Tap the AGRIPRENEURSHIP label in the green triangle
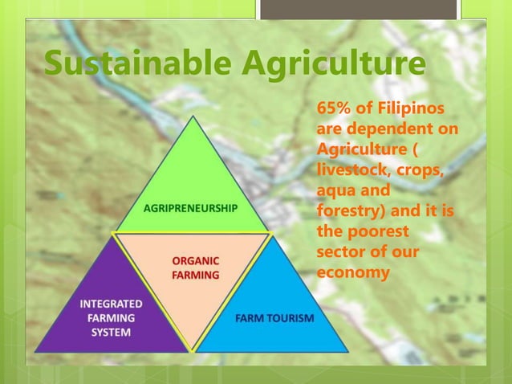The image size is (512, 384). [x=191, y=207]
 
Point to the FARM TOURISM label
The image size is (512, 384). [x=274, y=318]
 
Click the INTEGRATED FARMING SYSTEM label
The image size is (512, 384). [x=112, y=318]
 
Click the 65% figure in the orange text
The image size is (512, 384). [x=334, y=108]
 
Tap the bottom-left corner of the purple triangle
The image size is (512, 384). [x=35, y=351]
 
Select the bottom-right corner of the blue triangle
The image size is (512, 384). [x=348, y=351]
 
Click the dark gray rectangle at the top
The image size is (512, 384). [x=358, y=9]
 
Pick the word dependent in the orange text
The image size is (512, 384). [x=381, y=129]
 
